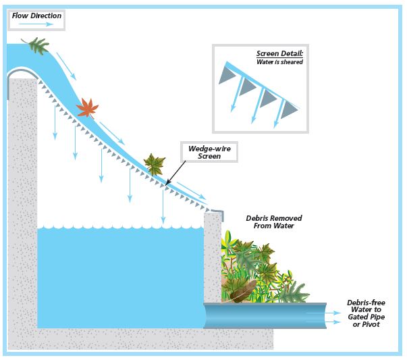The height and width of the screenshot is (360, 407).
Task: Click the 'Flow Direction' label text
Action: point(36,15)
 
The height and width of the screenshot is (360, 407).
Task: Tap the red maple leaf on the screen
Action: point(87,107)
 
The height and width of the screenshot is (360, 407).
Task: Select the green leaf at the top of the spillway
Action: point(36,45)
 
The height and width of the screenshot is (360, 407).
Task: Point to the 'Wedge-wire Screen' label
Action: point(209,151)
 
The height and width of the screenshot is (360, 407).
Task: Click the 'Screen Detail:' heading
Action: point(279,53)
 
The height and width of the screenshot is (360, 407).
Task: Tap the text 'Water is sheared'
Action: point(279,62)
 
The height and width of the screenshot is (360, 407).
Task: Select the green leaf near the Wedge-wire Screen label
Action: point(155,163)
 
